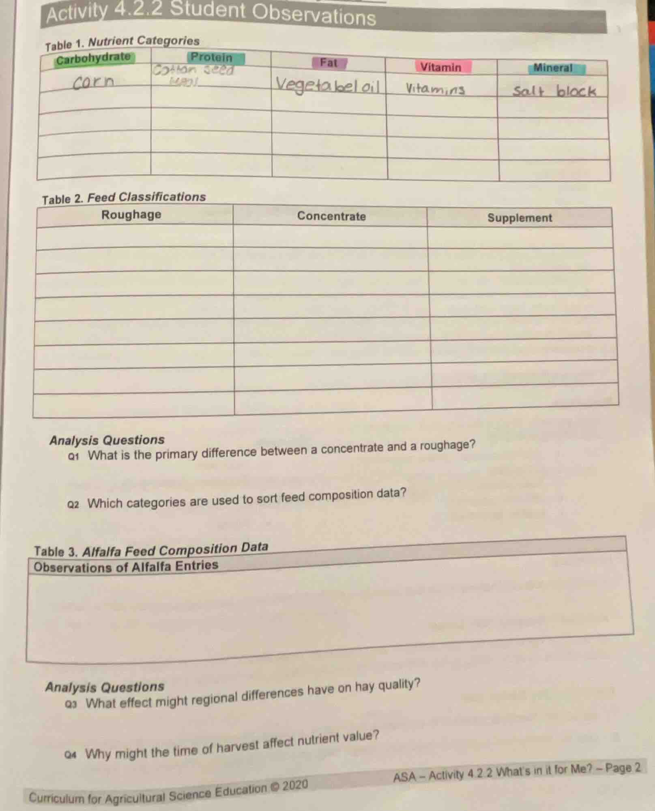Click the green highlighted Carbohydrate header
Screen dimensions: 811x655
tap(93, 59)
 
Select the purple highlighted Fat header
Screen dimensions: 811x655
tap(329, 63)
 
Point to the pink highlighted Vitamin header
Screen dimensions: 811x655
tap(441, 67)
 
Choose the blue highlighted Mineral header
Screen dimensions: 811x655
tap(553, 68)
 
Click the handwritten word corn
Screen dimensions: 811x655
tap(94, 83)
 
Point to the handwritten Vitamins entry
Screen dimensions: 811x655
tap(436, 89)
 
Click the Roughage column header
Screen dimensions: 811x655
tap(131, 215)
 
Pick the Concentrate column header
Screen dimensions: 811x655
tap(331, 216)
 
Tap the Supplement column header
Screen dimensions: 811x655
tap(520, 218)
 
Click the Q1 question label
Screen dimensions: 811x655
tap(73, 457)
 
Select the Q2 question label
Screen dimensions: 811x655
tap(73, 505)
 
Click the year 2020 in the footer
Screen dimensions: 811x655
tap(295, 785)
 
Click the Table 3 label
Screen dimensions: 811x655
tap(56, 552)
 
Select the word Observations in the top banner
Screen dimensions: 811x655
tap(314, 15)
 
